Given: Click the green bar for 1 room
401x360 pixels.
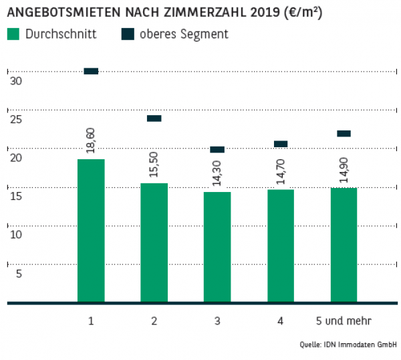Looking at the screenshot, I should (x=91, y=230).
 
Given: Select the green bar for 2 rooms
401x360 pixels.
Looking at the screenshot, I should (x=154, y=242).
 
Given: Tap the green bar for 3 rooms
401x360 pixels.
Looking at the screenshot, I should (x=217, y=247).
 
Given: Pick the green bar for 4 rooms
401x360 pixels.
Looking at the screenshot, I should (x=281, y=246).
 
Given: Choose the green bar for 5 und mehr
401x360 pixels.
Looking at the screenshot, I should (x=344, y=245).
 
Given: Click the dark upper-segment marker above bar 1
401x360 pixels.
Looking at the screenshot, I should (x=91, y=71).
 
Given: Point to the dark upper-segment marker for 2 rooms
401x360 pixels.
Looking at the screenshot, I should (x=154, y=118).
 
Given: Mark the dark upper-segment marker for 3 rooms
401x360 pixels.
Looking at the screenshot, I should (x=217, y=149).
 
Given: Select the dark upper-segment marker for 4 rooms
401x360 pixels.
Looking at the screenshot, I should (x=281, y=144).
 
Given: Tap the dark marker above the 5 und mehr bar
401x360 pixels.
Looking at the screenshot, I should (x=344, y=133).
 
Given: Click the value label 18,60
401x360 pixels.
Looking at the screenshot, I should (x=91, y=141).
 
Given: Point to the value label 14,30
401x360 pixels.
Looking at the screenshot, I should (x=217, y=174).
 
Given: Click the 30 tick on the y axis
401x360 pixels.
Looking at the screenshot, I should (x=17, y=81).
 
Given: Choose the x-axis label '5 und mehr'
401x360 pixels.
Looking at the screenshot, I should (x=344, y=321).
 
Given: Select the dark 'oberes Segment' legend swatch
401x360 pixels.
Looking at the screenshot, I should (x=128, y=34).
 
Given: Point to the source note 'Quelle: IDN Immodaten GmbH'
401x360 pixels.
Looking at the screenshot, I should (x=348, y=345).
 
